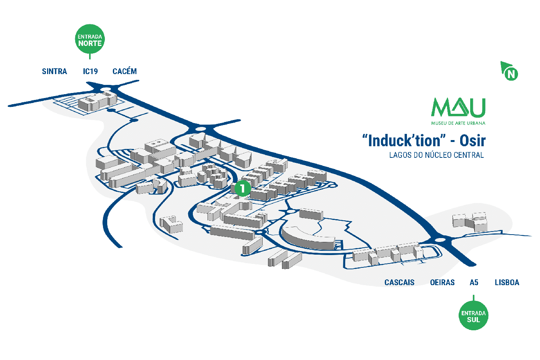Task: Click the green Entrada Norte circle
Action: (90, 39)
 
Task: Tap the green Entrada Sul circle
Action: (473, 316)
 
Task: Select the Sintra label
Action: (54, 71)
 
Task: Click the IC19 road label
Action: (90, 71)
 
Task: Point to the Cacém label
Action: (125, 71)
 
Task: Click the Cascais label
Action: (399, 282)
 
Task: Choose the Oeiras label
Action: (442, 282)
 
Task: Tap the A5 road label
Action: (474, 282)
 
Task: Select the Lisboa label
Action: (507, 282)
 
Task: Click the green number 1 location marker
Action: (243, 188)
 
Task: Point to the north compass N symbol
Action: (511, 73)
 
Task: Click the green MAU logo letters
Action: (458, 108)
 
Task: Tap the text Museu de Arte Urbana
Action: (458, 123)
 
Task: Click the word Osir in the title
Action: (472, 141)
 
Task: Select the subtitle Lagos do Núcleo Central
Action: (436, 155)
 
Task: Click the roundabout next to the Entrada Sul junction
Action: (440, 240)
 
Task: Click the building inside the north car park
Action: (97, 101)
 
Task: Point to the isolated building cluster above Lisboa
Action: (470, 221)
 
